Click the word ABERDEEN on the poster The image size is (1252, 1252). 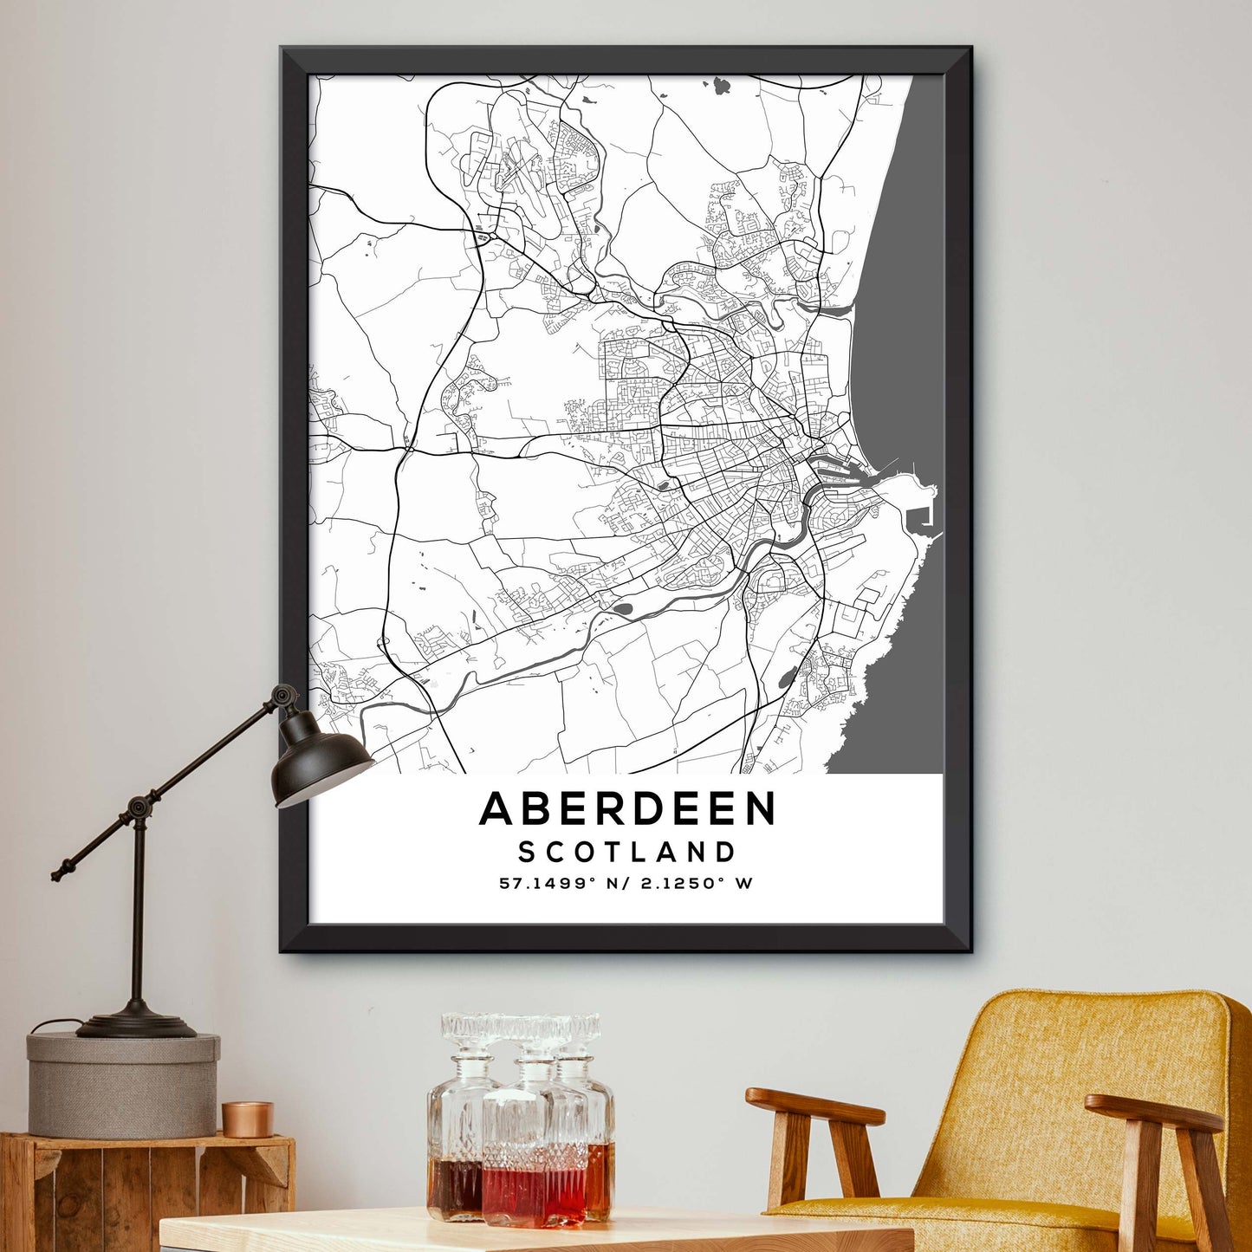tap(627, 809)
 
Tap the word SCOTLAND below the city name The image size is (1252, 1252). tap(627, 852)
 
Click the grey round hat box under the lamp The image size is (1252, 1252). tap(122, 1083)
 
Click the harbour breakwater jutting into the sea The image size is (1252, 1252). tap(923, 511)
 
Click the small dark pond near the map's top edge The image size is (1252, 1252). tap(722, 85)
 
